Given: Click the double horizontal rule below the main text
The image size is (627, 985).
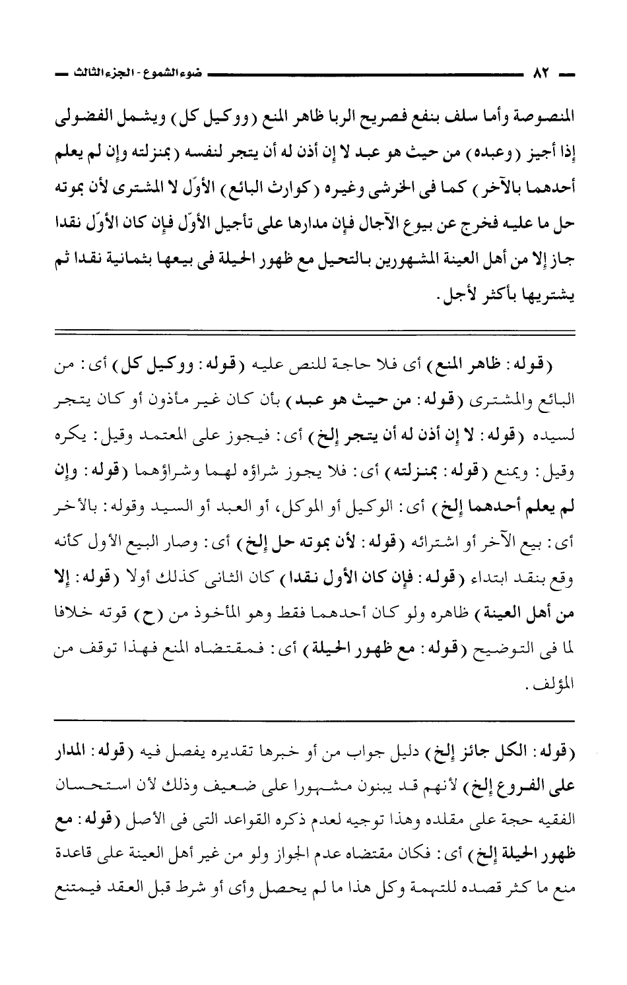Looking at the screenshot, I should (314, 330).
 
